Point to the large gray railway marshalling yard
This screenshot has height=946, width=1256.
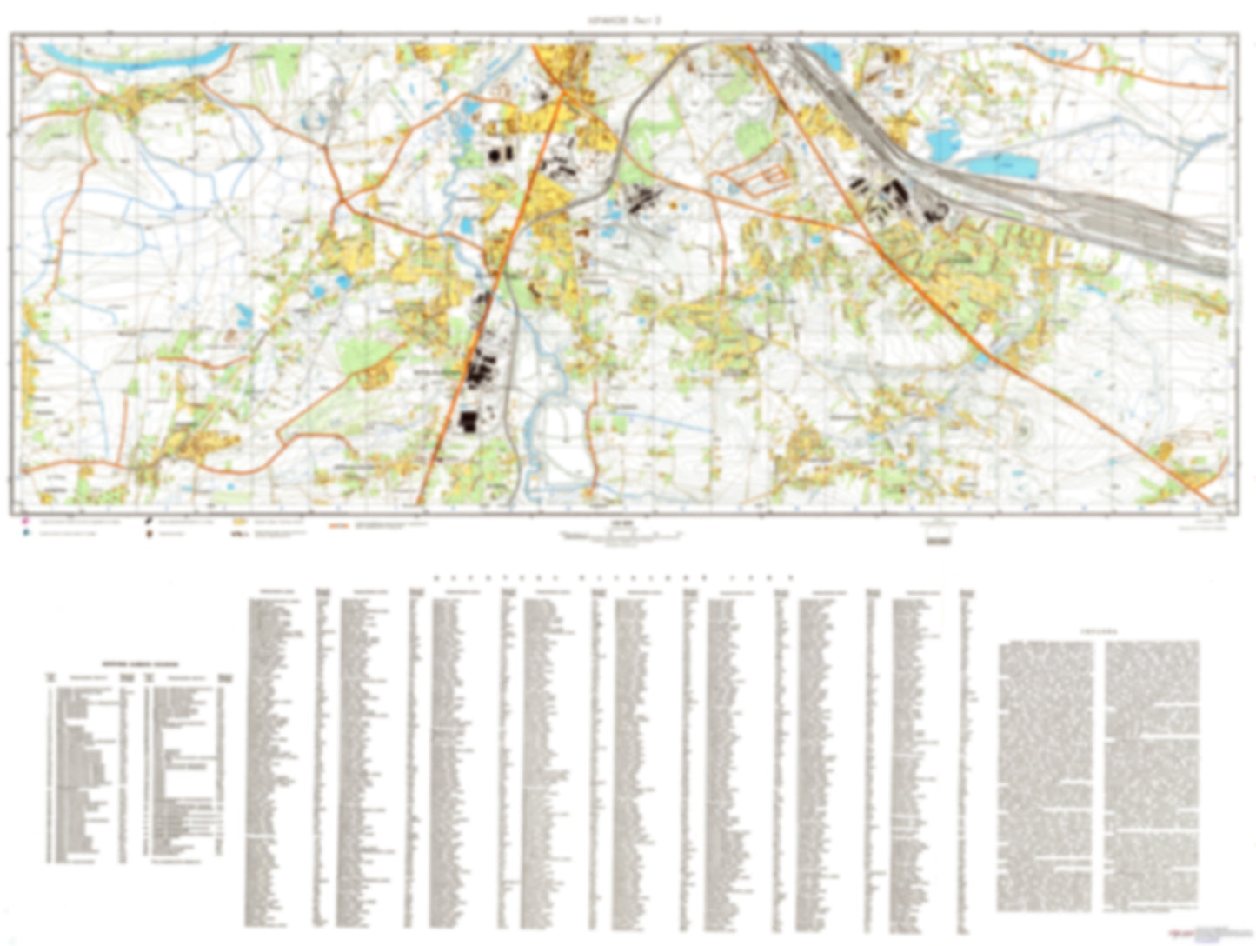click(x=1087, y=209)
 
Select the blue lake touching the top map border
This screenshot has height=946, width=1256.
click(x=821, y=54)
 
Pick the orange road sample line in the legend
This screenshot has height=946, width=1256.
click(x=339, y=526)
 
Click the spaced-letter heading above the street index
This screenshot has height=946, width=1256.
click(x=613, y=577)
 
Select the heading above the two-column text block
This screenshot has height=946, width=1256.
click(x=1100, y=632)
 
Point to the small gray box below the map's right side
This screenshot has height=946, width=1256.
click(x=938, y=539)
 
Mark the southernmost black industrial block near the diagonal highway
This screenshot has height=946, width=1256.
click(x=468, y=422)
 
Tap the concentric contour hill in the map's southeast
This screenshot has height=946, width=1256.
click(x=1022, y=428)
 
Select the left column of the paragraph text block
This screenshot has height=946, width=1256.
click(x=1047, y=774)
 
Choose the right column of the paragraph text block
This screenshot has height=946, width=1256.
click(x=1153, y=774)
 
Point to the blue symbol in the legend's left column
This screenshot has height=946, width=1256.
click(x=25, y=532)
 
